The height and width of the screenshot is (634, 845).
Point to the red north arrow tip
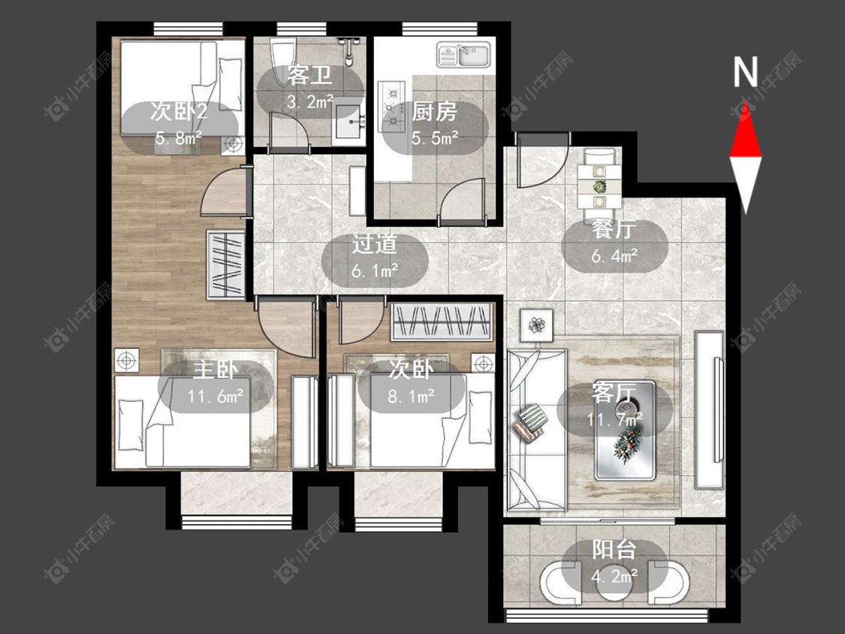746,101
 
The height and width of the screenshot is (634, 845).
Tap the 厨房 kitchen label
434,112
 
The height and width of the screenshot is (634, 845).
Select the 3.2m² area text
310,101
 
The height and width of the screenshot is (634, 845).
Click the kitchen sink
464,55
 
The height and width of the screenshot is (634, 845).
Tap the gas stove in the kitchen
391,107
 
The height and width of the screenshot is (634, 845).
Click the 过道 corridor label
375,244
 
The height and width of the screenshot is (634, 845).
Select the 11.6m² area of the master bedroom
216,397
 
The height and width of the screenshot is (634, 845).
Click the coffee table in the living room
625,430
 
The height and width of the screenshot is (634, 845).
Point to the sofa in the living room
537,429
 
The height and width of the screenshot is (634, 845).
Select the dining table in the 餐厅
599,187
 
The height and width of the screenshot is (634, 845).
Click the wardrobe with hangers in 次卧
442,322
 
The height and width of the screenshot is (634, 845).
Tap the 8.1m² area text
411,397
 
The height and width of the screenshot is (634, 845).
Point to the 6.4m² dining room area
614,255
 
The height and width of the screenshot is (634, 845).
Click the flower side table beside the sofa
537,325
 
